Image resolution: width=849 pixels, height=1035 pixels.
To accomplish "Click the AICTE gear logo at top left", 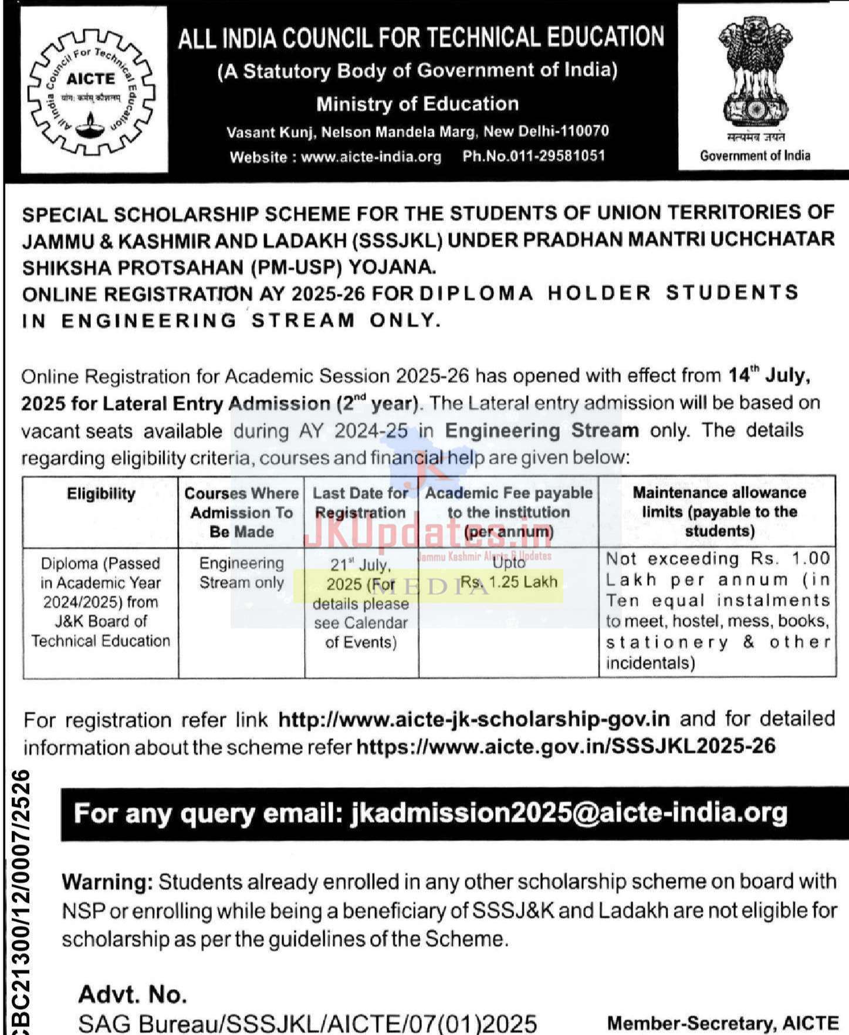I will coord(92,90).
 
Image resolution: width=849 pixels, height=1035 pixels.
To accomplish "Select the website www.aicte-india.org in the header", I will coord(371,157).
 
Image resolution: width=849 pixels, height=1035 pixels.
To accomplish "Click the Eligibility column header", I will coord(101,494).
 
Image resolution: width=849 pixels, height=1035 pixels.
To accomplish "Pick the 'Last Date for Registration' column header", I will coord(360,503).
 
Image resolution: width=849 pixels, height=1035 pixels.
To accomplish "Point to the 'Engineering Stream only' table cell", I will coord(242,573).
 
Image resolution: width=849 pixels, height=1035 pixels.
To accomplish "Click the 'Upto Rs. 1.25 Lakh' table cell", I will coord(509,572).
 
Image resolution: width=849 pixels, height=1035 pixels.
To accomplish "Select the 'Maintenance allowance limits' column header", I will coord(719,511).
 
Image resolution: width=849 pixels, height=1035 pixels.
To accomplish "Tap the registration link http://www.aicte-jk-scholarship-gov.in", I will coord(473,719).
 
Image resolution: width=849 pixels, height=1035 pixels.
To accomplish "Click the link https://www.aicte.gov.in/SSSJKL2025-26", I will coord(566,746).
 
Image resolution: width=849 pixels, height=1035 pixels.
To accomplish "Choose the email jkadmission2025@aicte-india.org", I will coord(568,813).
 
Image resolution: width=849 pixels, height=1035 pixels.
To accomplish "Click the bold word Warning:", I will coord(107,882).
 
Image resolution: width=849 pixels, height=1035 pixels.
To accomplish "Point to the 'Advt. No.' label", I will coord(133,994).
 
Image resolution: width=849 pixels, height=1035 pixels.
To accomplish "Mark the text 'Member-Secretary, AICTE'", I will coord(722,1023).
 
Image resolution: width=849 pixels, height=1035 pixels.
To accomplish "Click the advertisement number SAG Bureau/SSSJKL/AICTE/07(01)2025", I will coord(307,1023).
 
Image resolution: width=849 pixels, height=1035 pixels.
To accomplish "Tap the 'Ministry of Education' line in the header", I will coord(417,104).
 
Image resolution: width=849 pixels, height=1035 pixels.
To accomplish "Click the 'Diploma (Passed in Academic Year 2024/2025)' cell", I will coord(101,602).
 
